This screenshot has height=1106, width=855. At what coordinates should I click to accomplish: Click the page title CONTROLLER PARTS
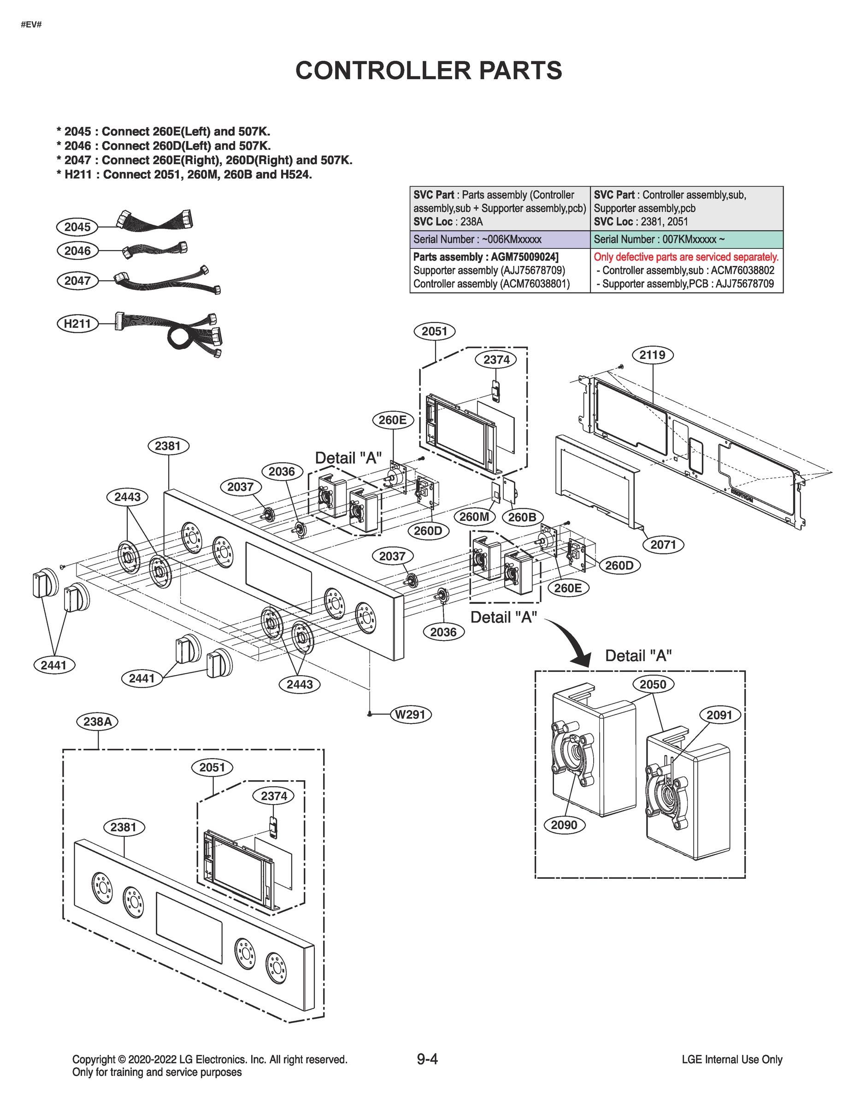click(x=429, y=71)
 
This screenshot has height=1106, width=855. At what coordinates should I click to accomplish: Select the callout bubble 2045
click(x=77, y=227)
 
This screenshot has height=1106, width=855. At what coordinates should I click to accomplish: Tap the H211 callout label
click(x=77, y=324)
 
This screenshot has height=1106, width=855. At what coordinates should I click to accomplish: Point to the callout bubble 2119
click(x=652, y=354)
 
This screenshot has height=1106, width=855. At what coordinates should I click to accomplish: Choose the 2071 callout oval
click(x=663, y=545)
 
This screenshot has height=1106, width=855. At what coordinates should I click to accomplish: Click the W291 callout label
click(x=410, y=715)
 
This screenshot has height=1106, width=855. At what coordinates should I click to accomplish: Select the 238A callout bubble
click(x=97, y=721)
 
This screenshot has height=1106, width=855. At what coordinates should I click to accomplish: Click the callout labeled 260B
click(x=522, y=517)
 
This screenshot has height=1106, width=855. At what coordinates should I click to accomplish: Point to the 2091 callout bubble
click(x=719, y=715)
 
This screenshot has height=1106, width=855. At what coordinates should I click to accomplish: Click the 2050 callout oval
click(x=652, y=685)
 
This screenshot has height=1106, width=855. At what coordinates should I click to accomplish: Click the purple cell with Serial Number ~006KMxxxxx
click(x=500, y=240)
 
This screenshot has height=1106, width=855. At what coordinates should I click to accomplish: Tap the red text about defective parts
click(x=686, y=257)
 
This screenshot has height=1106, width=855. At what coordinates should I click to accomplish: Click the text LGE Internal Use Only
click(x=732, y=1059)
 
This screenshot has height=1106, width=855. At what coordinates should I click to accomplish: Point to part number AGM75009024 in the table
click(x=524, y=257)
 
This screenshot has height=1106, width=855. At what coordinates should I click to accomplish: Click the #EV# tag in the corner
click(x=31, y=24)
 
